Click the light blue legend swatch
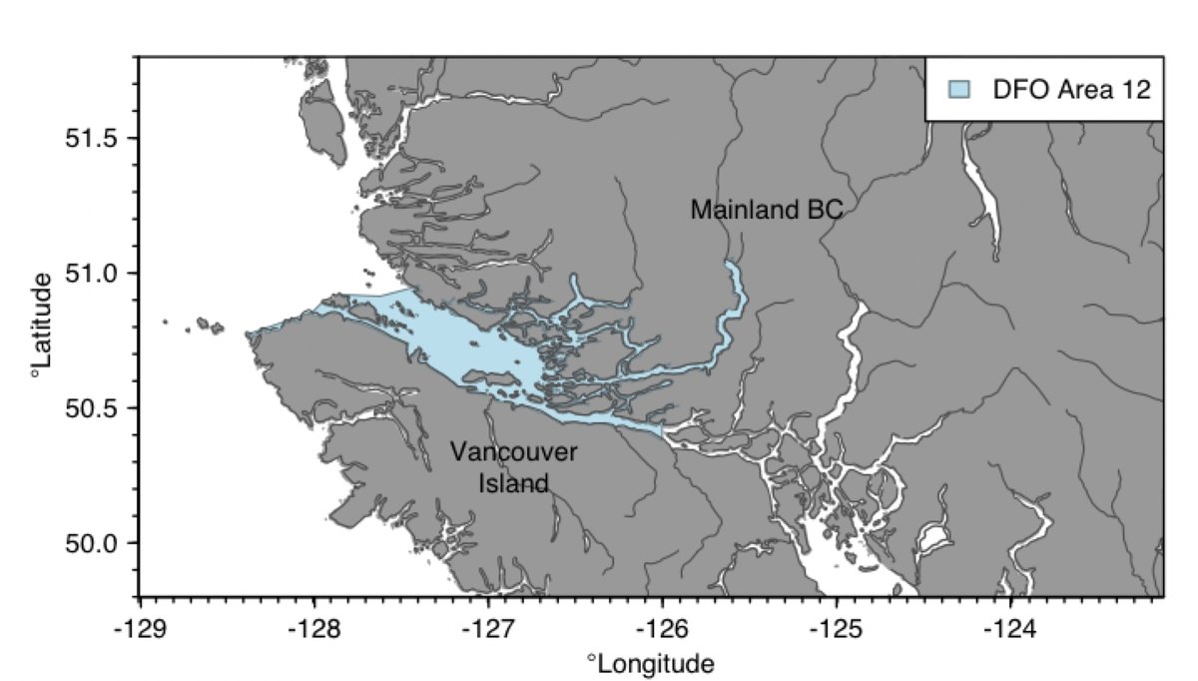point(958,89)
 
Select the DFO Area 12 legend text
point(1071,89)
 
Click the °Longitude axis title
point(651,663)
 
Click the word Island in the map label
point(513,484)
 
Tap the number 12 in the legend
point(1137,89)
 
